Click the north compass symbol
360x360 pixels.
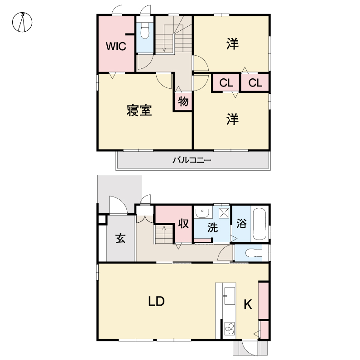click(22, 22)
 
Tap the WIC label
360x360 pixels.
click(116, 46)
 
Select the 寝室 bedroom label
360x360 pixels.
click(139, 110)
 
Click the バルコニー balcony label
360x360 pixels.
click(192, 160)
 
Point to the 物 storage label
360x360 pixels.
click(183, 101)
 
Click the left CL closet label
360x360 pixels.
click(226, 83)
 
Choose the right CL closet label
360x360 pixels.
click(255, 83)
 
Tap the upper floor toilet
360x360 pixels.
click(144, 30)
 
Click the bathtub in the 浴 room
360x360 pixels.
click(259, 224)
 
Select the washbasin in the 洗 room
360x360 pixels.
click(202, 213)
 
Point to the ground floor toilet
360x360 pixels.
click(254, 253)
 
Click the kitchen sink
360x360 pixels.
click(230, 296)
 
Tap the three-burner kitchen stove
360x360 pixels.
click(229, 329)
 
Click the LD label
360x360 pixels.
click(156, 301)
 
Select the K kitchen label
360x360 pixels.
click(248, 304)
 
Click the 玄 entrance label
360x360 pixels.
click(120, 238)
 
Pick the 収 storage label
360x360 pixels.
click(184, 223)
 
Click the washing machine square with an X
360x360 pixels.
click(224, 213)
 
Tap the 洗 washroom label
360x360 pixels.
click(212, 227)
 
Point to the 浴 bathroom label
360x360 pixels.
click(241, 223)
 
